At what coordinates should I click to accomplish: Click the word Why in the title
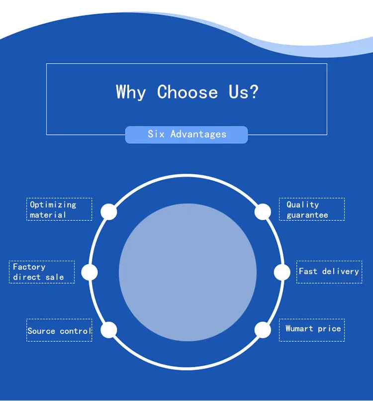[131, 93]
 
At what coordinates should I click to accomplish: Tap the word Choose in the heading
[187, 93]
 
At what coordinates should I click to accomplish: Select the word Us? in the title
[244, 93]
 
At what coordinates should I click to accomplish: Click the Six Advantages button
[186, 134]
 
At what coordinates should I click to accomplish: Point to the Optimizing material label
[59, 209]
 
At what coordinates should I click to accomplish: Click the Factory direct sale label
[42, 272]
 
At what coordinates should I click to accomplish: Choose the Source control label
[59, 330]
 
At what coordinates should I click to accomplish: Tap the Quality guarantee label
[312, 209]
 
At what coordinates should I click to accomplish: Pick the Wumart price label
[312, 329]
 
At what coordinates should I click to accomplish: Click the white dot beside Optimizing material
[109, 211]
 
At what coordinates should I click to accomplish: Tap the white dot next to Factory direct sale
[90, 272]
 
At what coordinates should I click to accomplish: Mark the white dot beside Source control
[109, 330]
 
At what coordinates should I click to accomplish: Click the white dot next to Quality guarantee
[263, 211]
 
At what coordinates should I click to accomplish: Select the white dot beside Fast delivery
[282, 272]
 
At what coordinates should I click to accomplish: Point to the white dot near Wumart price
[263, 330]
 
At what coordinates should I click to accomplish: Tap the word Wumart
[299, 329]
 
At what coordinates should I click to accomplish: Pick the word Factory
[29, 267]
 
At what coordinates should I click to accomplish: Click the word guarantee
[307, 215]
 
